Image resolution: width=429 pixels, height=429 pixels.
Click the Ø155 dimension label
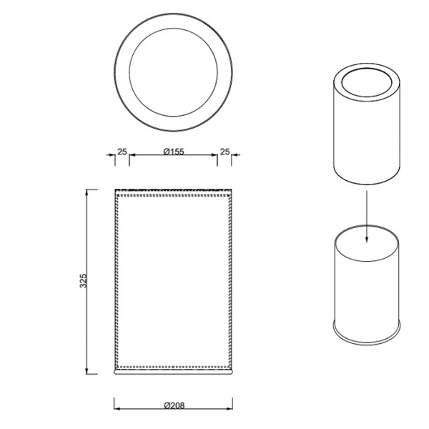[x=174, y=152]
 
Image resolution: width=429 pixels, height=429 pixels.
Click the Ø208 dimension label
[x=174, y=405]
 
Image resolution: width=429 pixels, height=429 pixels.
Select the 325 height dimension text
[x=83, y=280]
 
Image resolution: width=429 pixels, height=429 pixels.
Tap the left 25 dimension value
[x=122, y=152]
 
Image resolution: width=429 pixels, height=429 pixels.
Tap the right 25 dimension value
[x=225, y=152]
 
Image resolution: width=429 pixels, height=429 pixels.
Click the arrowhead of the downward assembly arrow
[x=367, y=240]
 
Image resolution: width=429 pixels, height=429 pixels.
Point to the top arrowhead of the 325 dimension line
[x=87, y=192]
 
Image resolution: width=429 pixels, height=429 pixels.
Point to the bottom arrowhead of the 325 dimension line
[x=87, y=370]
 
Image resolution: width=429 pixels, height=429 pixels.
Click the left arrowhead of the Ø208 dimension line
[x=117, y=409]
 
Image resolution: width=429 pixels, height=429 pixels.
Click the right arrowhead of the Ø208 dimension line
[x=230, y=409]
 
